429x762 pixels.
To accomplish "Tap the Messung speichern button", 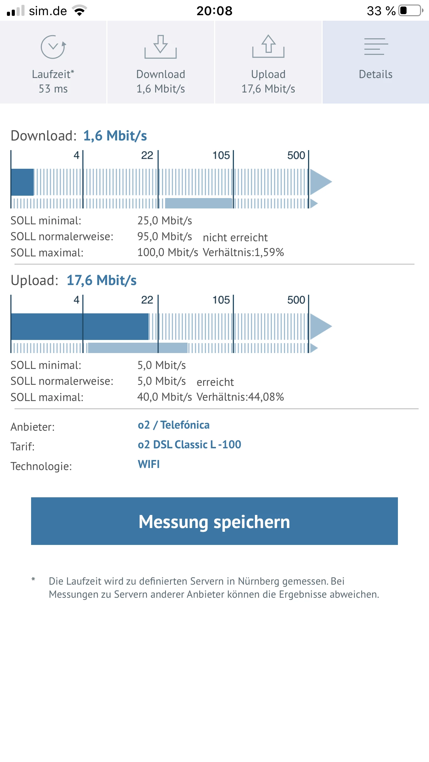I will [x=214, y=521].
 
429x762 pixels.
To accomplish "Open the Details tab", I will [x=376, y=62].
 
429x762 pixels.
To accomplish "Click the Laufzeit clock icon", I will [x=53, y=47].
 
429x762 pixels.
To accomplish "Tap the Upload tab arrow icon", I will [x=268, y=46].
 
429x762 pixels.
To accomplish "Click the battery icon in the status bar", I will [x=410, y=11].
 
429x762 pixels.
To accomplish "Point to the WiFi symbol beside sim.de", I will [x=80, y=11].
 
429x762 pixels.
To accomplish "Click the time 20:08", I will [x=214, y=11].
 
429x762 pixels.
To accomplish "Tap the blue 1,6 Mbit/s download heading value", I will [x=115, y=136].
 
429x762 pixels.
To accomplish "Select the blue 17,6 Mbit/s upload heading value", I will [x=102, y=280].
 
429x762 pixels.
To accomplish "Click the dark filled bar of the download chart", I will [x=22, y=182].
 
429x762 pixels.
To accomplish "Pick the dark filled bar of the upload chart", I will [x=80, y=326].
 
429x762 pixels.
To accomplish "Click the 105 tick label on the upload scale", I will [x=221, y=300].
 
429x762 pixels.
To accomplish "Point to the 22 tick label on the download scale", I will [x=147, y=155].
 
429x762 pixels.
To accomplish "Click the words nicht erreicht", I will [x=235, y=237].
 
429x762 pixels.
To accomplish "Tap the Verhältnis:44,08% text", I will [x=240, y=397].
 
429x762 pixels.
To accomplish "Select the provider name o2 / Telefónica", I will [x=173, y=425].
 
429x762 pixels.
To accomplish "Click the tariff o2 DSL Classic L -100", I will [x=189, y=444].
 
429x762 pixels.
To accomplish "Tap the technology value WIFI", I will [x=149, y=464].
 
